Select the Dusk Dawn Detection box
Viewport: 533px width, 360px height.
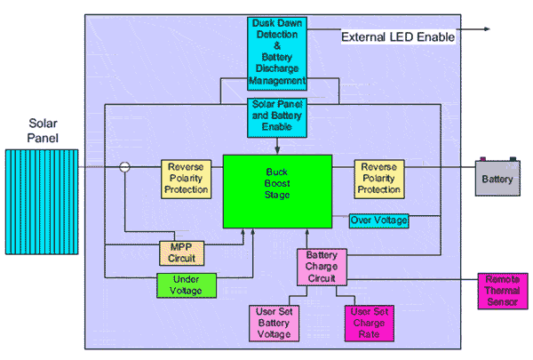[277, 52]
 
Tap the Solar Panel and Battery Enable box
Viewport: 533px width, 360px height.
[277, 116]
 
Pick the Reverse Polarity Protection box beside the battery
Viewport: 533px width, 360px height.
[380, 178]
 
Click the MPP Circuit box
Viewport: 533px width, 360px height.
[181, 252]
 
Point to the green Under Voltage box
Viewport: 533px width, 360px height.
[186, 285]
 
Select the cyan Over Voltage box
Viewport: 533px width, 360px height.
[378, 220]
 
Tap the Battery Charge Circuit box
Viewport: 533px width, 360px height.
[322, 267]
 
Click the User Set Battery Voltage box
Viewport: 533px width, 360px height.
[277, 324]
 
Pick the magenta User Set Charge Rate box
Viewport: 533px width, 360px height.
[368, 324]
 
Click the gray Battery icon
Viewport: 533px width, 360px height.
[497, 178]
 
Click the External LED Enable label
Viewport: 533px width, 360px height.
[399, 37]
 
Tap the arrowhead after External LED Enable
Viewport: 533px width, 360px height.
[486, 29]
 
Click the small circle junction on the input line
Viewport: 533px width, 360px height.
[125, 167]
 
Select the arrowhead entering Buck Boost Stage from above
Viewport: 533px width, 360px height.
[277, 152]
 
